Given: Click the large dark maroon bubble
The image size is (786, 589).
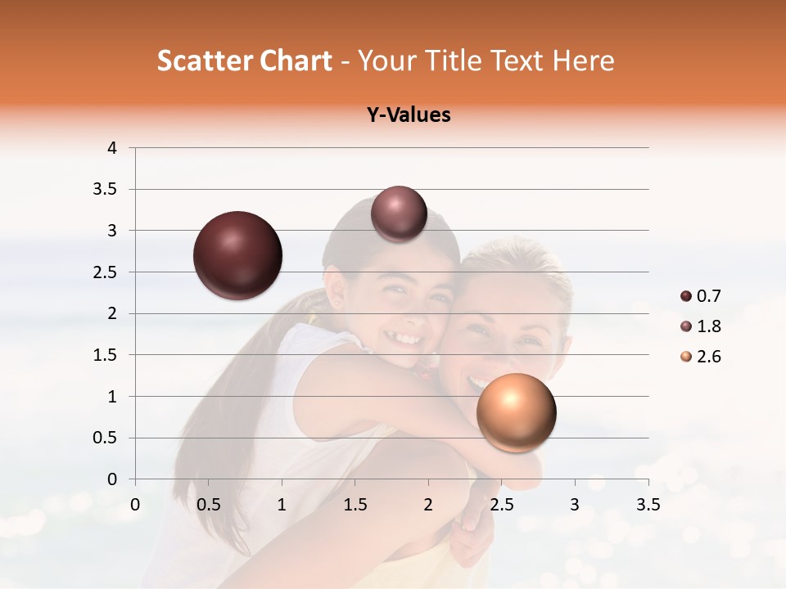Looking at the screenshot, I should click(238, 255).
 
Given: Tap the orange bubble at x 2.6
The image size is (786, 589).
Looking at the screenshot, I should click(516, 412).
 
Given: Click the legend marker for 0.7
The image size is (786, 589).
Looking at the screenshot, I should click(686, 296).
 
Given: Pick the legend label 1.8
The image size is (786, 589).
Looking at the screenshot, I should click(709, 326).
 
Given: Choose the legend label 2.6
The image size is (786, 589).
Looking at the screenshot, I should click(709, 357).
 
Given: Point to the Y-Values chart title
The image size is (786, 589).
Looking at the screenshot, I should click(409, 115).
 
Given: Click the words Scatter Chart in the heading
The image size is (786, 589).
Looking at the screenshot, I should click(244, 61).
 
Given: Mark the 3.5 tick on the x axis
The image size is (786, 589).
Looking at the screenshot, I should click(648, 505).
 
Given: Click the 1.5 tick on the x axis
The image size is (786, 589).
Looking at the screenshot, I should click(355, 505).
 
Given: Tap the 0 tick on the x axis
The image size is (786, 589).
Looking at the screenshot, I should click(135, 505).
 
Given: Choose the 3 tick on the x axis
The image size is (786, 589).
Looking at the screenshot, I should click(575, 505).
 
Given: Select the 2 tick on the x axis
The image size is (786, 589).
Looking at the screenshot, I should click(428, 505).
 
